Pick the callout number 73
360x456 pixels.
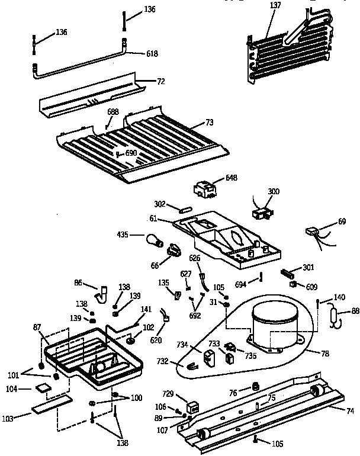[x=208, y=123]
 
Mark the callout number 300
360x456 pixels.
[x=274, y=191]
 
